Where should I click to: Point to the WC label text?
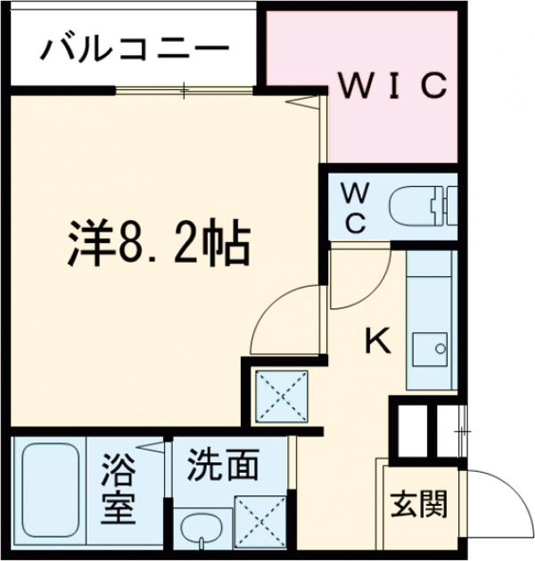[x=354, y=207]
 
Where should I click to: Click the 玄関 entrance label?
[x=418, y=505]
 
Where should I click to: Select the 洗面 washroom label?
[x=223, y=466]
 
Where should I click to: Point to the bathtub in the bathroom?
[x=50, y=493]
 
